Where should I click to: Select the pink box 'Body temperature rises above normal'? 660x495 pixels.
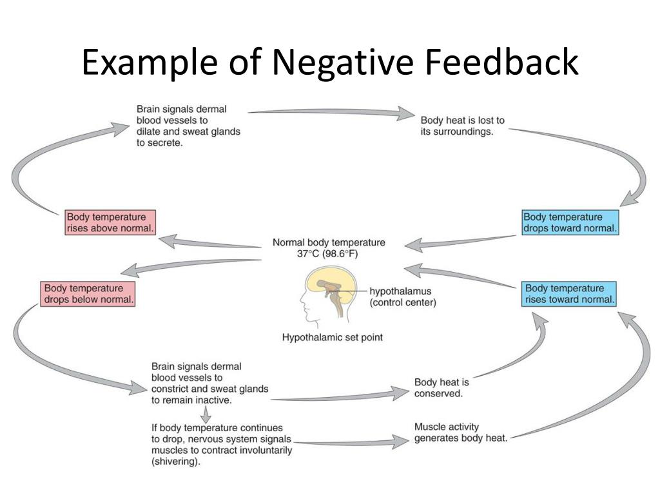point(110,222)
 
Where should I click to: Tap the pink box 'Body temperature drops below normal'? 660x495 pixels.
point(88,294)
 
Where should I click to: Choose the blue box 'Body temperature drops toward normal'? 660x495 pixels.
point(570,222)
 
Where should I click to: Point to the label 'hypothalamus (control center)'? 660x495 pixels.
point(402,296)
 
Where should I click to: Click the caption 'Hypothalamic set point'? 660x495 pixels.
point(332,337)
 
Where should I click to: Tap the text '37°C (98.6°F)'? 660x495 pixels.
point(327,254)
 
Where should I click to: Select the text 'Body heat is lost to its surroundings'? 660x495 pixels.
point(462,126)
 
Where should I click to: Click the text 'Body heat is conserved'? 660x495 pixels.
point(442,388)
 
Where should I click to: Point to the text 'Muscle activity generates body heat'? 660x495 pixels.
point(461,432)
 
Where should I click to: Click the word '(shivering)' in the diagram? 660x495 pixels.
point(176,461)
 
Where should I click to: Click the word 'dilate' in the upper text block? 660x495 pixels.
point(150,131)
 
